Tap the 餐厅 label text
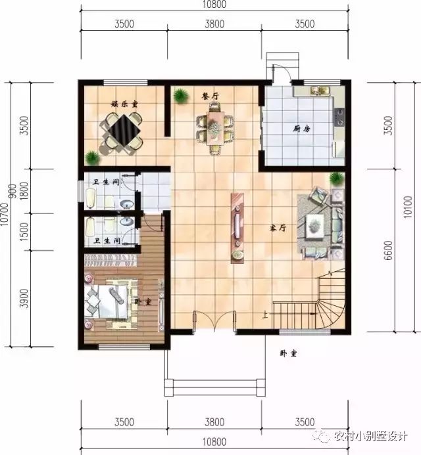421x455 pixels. [210, 96]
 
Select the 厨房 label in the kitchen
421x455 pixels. [302, 129]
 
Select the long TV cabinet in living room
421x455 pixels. [235, 228]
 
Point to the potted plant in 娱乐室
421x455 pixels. [93, 158]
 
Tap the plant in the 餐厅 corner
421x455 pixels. [179, 97]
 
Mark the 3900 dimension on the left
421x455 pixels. [26, 299]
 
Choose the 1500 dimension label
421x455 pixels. [26, 234]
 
